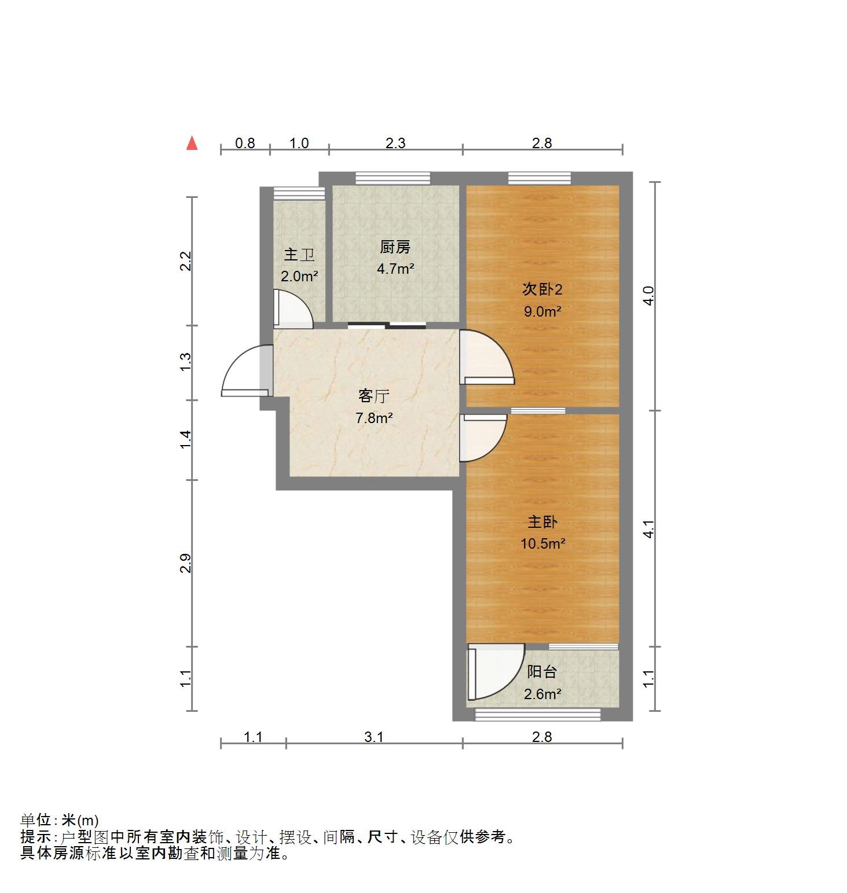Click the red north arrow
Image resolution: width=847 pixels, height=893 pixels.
(x=192, y=143)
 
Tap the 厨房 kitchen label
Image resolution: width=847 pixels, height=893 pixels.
(x=395, y=248)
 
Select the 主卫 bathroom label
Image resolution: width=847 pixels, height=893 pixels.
(x=299, y=255)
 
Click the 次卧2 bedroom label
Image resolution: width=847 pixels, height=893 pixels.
(x=542, y=289)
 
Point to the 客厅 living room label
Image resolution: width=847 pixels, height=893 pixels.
(x=374, y=396)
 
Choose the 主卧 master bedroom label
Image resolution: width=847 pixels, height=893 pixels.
(x=542, y=522)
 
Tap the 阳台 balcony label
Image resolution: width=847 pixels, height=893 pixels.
(x=542, y=672)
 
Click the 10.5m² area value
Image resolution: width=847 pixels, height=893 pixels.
(x=542, y=543)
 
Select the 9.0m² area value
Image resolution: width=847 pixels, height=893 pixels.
(x=542, y=311)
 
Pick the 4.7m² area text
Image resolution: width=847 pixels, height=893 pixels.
(x=395, y=269)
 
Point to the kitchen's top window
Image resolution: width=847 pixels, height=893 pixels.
(x=393, y=178)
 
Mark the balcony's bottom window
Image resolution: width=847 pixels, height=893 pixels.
(x=538, y=715)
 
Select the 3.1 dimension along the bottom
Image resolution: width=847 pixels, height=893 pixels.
(x=374, y=737)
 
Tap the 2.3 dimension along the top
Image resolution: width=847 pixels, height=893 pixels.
(x=395, y=143)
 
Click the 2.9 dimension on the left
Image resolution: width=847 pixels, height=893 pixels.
(x=185, y=563)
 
